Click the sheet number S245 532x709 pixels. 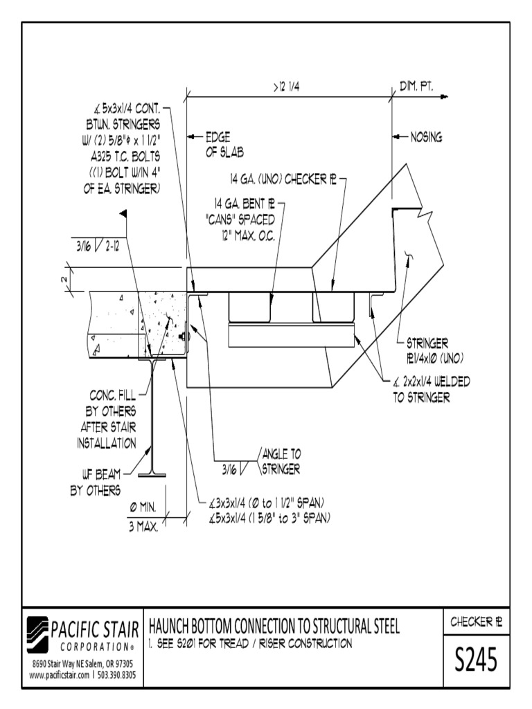click(x=476, y=661)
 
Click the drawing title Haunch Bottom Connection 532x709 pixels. click(x=274, y=627)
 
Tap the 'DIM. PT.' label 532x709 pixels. click(x=416, y=86)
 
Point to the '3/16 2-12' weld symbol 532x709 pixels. click(x=97, y=244)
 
